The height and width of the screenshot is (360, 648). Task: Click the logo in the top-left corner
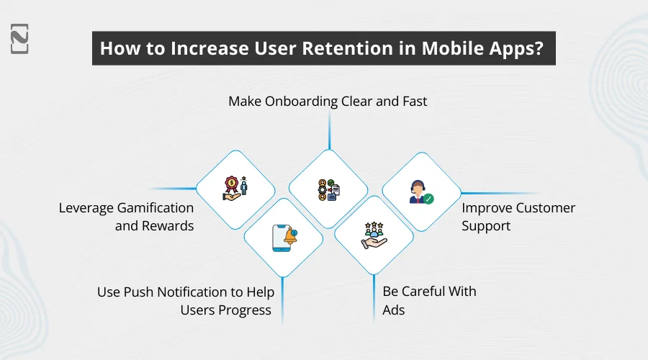click(x=20, y=37)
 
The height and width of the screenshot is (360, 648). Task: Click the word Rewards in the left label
click(x=171, y=226)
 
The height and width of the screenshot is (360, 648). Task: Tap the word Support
click(x=486, y=226)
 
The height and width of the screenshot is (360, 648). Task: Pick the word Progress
click(x=245, y=310)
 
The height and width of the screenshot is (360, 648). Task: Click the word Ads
click(x=394, y=310)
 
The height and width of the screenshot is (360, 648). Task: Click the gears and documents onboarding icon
click(x=328, y=189)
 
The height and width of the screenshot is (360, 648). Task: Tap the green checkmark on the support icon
click(x=428, y=198)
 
